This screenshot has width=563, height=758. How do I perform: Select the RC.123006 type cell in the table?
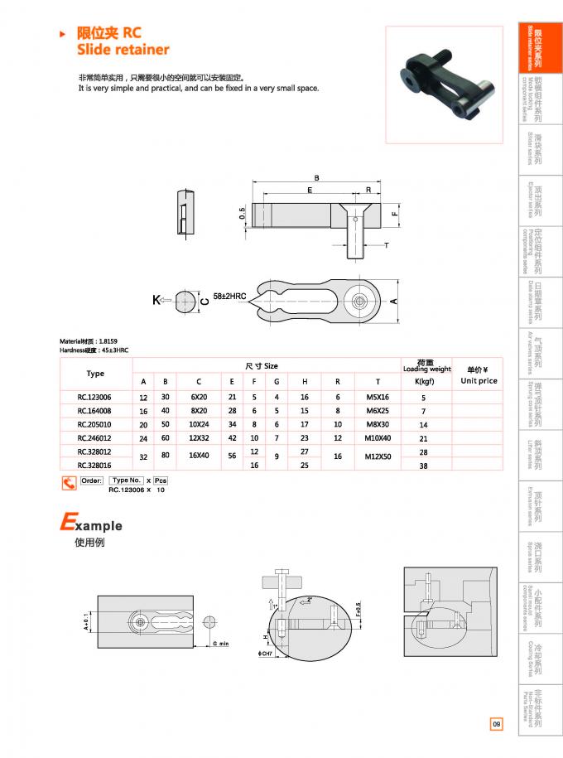point(95,397)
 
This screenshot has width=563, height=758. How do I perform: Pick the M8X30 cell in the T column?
point(377,423)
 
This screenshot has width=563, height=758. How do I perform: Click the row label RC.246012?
point(95,437)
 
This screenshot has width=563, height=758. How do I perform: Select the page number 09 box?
point(496,725)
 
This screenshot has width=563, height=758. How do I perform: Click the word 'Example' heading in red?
point(91,524)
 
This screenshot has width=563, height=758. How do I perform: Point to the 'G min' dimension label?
point(219,643)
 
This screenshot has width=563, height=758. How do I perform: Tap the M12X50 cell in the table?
point(377,457)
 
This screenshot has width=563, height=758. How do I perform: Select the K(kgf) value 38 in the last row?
point(423,466)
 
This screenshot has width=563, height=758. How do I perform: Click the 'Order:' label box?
point(91,480)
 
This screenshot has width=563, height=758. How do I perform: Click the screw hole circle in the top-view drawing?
point(360,300)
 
